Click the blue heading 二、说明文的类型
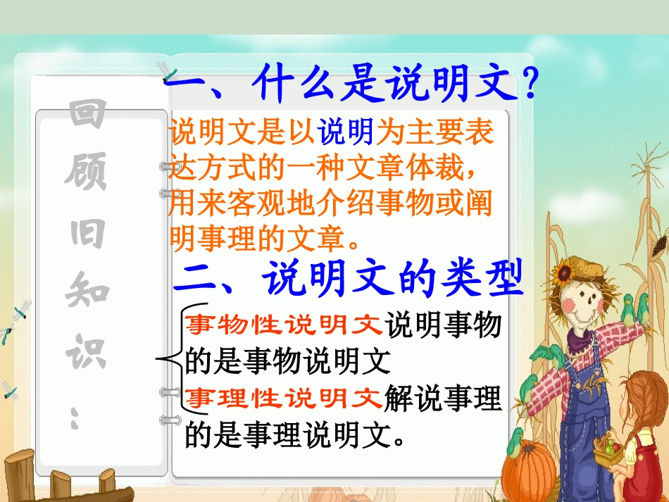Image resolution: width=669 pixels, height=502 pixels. click(349, 280)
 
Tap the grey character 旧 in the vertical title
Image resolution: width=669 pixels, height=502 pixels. click(87, 232)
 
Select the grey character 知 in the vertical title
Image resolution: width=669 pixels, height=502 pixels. click(87, 290)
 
